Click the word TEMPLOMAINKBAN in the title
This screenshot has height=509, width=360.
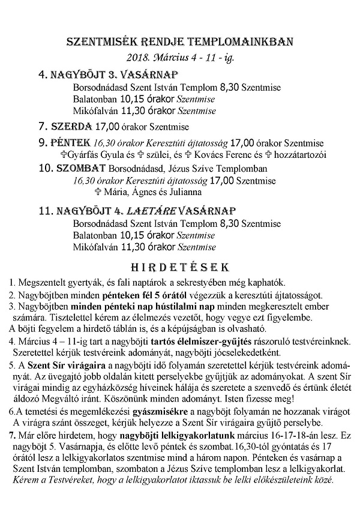[x=243, y=43]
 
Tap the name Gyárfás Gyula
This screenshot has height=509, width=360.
[x=97, y=155]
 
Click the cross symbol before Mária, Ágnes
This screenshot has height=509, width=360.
[x=99, y=192]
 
